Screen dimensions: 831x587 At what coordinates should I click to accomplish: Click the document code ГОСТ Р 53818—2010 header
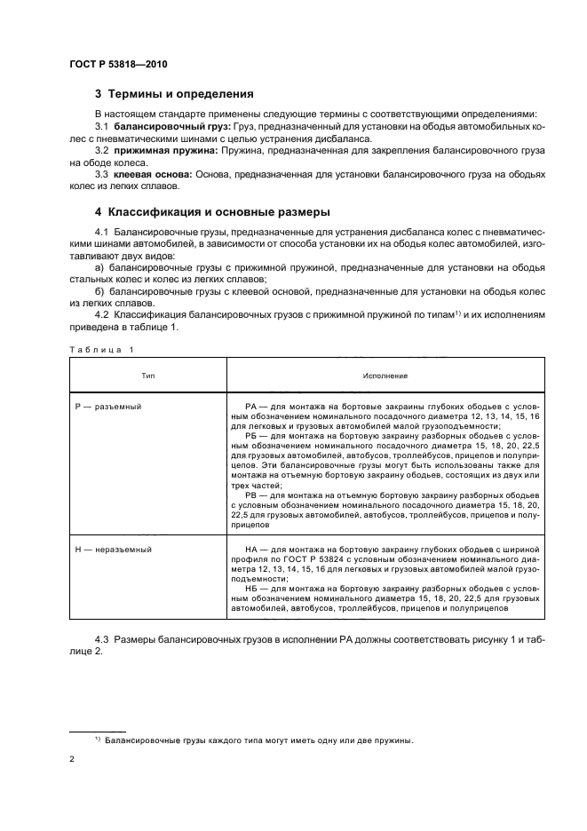[x=117, y=65]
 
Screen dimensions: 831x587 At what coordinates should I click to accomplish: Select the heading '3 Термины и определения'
[x=174, y=93]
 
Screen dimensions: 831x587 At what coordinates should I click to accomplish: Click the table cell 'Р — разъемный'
[x=108, y=406]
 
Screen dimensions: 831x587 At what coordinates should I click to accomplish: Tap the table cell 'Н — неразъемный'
[x=113, y=550]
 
